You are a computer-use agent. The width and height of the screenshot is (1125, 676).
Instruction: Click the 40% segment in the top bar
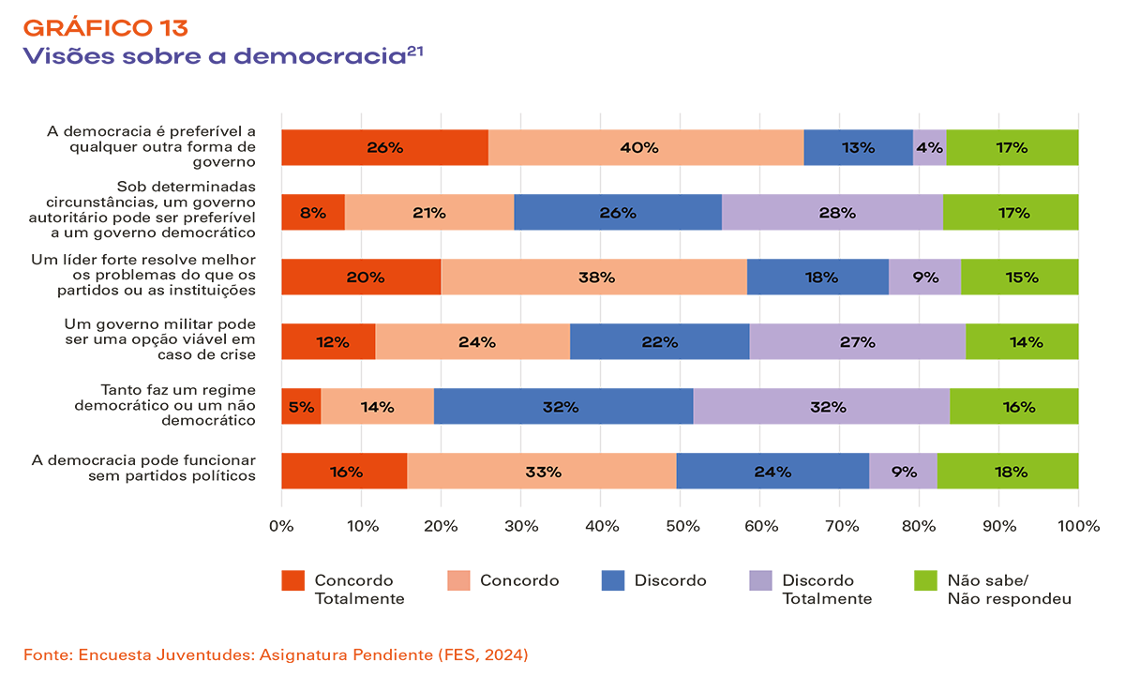pos(646,147)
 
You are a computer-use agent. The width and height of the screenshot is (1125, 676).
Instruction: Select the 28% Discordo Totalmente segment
pos(832,212)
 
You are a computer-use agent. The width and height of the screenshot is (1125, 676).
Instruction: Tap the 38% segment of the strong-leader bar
pos(594,277)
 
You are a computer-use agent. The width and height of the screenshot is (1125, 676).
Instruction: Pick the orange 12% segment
pos(328,341)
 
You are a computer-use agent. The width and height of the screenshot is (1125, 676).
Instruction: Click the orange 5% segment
pos(301,406)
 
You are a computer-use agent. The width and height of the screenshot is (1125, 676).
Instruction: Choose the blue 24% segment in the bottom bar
pos(772,471)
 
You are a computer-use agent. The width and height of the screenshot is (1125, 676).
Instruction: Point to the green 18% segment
pos(1008,471)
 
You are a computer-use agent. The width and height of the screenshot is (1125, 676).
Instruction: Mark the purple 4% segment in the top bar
pos(929,147)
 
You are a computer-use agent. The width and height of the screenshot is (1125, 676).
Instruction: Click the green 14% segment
pos(1022,341)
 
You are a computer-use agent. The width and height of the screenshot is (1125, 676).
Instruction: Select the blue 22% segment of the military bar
pos(659,341)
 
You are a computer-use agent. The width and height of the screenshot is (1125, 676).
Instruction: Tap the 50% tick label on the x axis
pos(680,526)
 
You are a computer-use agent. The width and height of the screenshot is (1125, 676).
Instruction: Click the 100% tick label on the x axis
pos(1077,526)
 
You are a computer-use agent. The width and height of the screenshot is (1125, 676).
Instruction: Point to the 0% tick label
pos(281,526)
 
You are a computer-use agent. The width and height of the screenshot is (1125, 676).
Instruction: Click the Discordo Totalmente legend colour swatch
pos(761,581)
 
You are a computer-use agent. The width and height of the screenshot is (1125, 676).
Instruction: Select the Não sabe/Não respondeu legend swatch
pos(924,581)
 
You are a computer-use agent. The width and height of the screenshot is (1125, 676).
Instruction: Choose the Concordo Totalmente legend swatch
pos(293,581)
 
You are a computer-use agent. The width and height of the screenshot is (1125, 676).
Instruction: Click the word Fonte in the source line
pos(45,653)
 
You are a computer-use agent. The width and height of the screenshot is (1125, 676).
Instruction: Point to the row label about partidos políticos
pos(143,468)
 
